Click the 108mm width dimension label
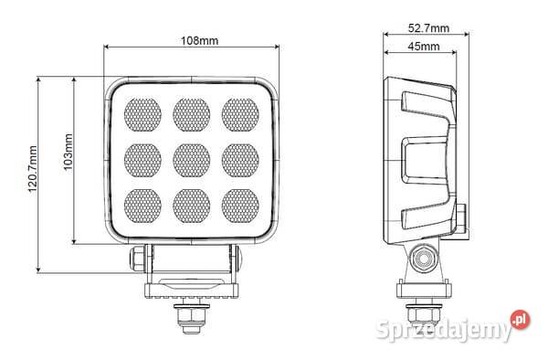[x=199, y=41]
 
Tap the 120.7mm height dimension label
[x=33, y=169]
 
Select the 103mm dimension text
[x=68, y=152]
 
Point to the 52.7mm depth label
[x=428, y=28]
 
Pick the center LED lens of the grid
[x=192, y=160]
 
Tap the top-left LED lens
[x=142, y=114]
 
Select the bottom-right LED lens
[x=240, y=206]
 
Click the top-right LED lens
[x=240, y=114]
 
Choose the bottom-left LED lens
[x=142, y=206]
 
